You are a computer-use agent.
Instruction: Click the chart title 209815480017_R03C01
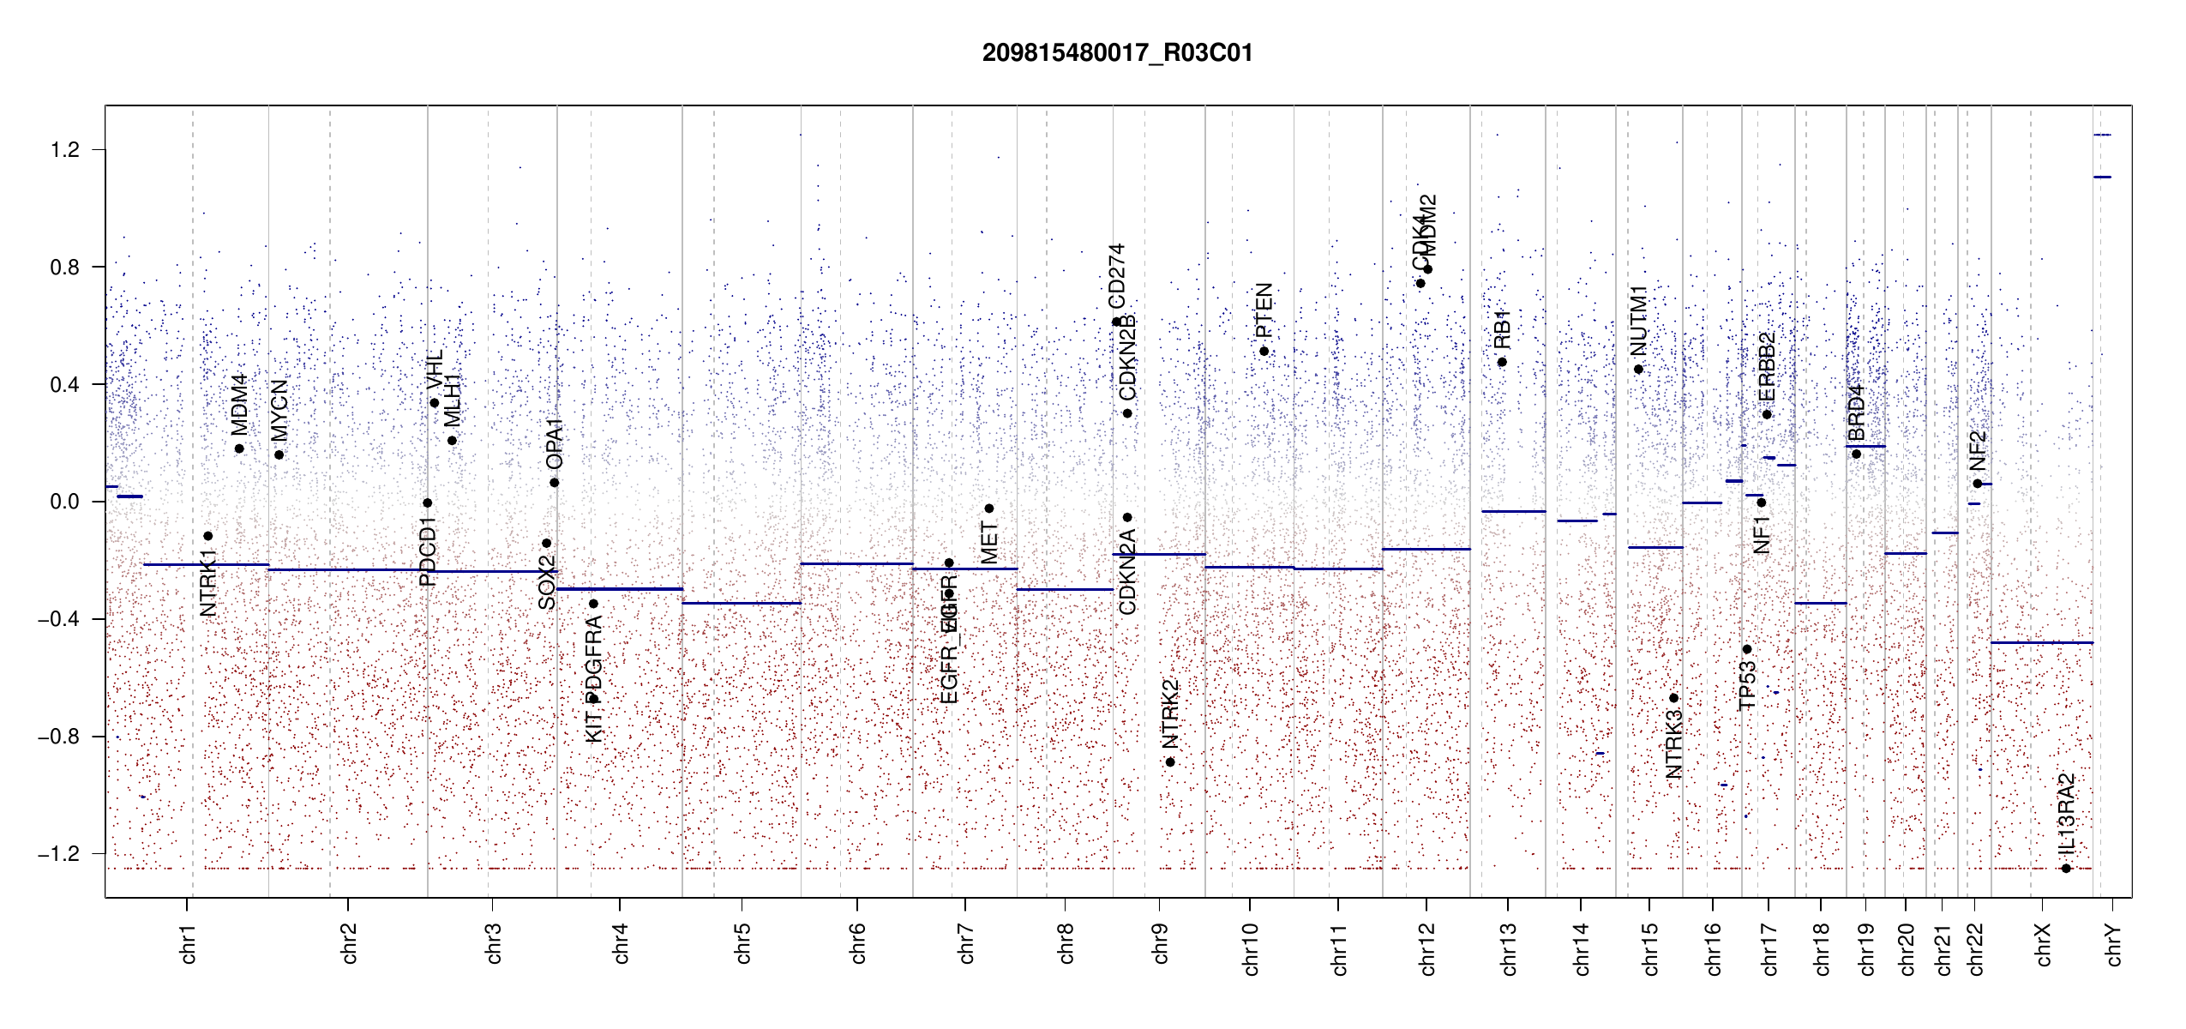(1117, 53)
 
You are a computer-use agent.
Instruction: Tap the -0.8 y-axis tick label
(58, 737)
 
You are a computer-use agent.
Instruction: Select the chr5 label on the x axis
(742, 943)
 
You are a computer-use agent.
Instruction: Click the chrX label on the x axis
(2043, 944)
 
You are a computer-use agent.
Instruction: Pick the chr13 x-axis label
(1508, 948)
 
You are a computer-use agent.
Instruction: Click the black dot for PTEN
(1264, 352)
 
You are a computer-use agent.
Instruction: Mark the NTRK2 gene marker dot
(1170, 762)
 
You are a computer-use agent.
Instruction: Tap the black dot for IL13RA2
(2066, 869)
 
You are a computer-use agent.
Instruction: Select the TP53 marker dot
(1747, 649)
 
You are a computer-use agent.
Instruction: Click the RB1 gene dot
(1502, 362)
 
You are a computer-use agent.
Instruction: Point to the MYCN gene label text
(279, 410)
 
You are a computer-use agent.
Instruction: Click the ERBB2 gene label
(1767, 367)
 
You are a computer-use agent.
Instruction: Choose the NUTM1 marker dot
(1638, 370)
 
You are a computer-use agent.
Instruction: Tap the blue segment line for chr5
(742, 603)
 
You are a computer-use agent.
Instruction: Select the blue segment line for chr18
(1820, 603)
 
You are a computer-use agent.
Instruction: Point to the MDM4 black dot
(239, 448)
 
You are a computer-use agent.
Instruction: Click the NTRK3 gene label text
(1673, 744)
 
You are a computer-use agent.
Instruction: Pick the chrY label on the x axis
(2114, 944)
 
